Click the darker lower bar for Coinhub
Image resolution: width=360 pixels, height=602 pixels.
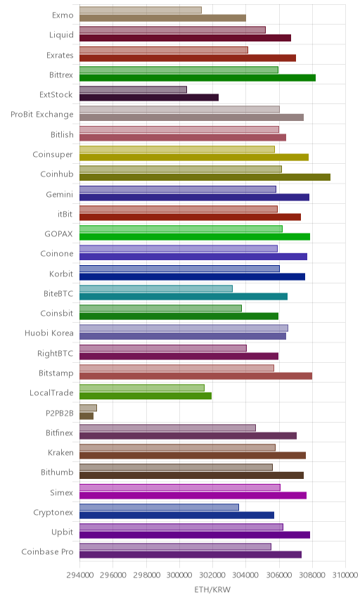[205, 177]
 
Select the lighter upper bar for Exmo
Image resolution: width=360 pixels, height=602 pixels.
[141, 10]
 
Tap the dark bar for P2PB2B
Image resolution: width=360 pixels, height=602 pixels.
[86, 416]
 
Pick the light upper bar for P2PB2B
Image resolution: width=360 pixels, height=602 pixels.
[89, 408]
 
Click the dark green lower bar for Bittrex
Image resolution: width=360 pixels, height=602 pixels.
[198, 77]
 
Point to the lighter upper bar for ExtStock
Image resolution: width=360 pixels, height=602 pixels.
[133, 89]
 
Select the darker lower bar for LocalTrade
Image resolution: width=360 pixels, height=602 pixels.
[146, 396]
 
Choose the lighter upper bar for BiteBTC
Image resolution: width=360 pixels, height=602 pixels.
[156, 288]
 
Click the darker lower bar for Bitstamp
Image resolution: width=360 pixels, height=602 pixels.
[195, 376]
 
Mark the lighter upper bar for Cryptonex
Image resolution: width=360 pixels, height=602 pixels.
[160, 507]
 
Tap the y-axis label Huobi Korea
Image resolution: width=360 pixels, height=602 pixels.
[49, 333]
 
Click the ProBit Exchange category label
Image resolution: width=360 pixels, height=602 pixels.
[41, 115]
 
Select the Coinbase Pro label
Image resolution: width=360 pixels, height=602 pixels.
[47, 551]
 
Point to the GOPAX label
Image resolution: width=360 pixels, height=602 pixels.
[59, 233]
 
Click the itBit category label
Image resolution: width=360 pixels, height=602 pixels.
[65, 214]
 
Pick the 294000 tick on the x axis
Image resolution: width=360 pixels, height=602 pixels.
[80, 575]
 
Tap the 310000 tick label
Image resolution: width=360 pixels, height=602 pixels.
[345, 575]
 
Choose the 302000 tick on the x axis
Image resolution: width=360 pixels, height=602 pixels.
[212, 575]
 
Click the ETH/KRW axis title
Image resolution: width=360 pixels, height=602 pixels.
[212, 590]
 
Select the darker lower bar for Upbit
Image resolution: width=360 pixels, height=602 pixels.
[195, 534]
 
